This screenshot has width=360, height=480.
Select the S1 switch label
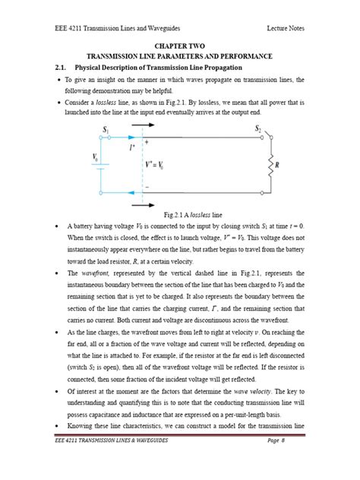pyautogui.click(x=105, y=131)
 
